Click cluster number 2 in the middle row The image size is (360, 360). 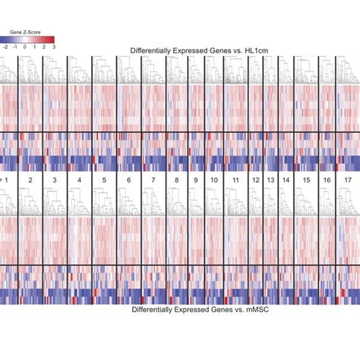(30, 180)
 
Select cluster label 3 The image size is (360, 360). (54, 180)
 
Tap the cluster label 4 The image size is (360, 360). (79, 180)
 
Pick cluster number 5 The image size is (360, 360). (104, 180)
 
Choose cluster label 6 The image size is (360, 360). (129, 180)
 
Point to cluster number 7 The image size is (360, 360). (153, 180)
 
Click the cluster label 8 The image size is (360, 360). (177, 180)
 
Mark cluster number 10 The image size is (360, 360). (215, 180)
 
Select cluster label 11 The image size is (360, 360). (236, 180)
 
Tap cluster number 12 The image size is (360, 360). (255, 180)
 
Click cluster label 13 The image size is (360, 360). (270, 180)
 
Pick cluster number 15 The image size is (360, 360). (306, 180)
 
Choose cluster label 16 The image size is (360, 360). (327, 180)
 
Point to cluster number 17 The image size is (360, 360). (347, 180)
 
